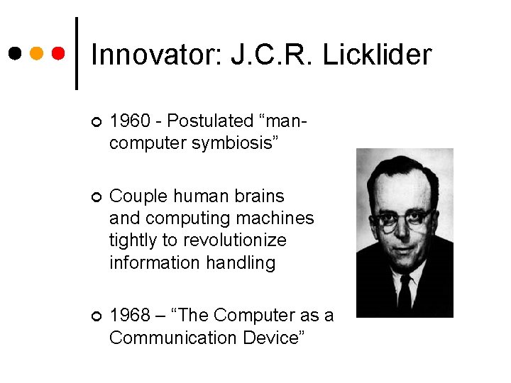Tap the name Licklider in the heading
[x=377, y=55]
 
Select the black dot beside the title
[x=15, y=53]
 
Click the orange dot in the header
[x=37, y=53]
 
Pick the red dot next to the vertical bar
[x=59, y=53]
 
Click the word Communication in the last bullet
[x=167, y=338]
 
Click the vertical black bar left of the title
[x=77, y=53]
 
